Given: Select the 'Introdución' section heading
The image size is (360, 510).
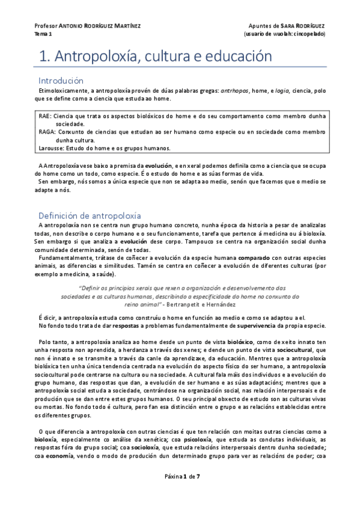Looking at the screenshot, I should (60, 80).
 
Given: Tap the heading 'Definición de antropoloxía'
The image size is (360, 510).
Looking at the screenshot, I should (90, 215).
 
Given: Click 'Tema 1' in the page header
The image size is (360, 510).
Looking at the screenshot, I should (43, 34).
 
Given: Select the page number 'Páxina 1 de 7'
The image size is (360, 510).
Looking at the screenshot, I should (182, 493).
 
